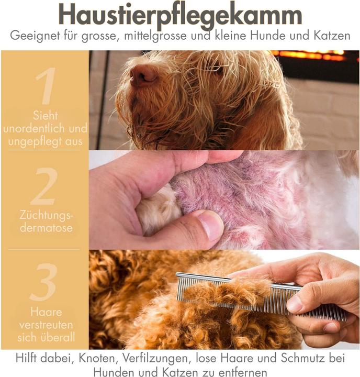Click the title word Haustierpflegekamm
click(179, 14)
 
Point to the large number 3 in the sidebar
click(44, 283)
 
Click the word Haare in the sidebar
click(45, 313)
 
